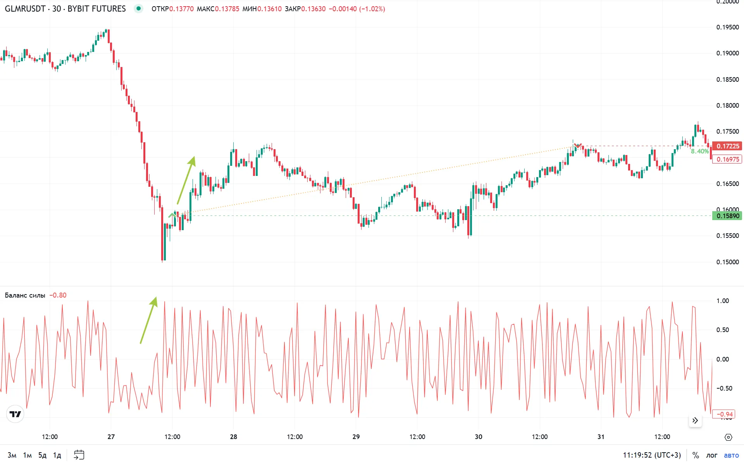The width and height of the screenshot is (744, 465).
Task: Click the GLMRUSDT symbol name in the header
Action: (25, 9)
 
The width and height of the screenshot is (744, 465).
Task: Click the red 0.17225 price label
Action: (727, 146)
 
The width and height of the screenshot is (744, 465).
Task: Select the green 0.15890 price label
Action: (727, 216)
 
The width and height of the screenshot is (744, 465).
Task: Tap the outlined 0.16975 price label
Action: (727, 159)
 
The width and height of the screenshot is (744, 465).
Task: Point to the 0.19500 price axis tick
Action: (727, 27)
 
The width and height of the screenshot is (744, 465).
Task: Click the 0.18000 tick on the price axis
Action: (727, 105)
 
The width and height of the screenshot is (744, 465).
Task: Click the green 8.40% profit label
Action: (699, 152)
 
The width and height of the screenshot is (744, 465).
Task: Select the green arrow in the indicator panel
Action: (149, 320)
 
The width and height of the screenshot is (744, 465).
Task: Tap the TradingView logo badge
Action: (15, 414)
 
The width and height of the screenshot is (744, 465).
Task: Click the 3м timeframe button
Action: (12, 455)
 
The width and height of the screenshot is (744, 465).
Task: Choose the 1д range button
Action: (57, 455)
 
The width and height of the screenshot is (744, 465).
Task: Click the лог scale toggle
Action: (711, 455)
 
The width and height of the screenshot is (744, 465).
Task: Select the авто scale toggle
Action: (731, 455)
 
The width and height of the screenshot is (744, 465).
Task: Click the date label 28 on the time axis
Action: (233, 437)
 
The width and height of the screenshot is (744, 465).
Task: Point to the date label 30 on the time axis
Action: (479, 437)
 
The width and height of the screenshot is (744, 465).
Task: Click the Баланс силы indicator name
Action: (25, 295)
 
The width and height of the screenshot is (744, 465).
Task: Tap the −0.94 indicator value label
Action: (724, 414)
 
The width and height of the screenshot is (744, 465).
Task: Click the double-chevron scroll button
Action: (695, 420)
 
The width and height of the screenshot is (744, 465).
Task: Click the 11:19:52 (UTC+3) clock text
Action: (652, 455)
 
